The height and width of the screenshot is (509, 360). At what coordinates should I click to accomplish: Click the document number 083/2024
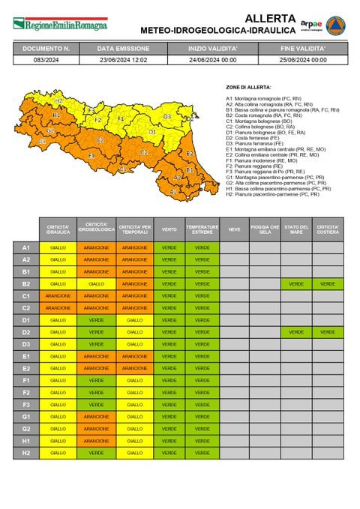(46, 59)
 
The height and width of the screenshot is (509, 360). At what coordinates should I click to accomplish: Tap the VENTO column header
(169, 229)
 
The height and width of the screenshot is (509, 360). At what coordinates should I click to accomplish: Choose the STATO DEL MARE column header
(297, 229)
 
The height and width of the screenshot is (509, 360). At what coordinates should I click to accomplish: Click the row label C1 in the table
(25, 296)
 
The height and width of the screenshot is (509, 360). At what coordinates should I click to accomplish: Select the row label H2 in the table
(25, 453)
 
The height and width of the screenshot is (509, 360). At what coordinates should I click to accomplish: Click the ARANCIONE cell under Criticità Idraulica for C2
(58, 308)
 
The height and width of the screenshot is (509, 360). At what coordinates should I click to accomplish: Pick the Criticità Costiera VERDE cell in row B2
(328, 284)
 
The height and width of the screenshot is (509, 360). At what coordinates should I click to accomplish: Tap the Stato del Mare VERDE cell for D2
(297, 332)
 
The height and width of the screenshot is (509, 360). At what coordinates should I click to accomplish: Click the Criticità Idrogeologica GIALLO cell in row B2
(96, 284)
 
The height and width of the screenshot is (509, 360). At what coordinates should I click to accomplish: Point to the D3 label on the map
(167, 117)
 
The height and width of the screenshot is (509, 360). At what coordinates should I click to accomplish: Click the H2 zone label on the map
(58, 100)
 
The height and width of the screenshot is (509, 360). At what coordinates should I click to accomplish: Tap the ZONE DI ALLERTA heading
(247, 88)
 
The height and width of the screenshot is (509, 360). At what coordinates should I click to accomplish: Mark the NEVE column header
(234, 229)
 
